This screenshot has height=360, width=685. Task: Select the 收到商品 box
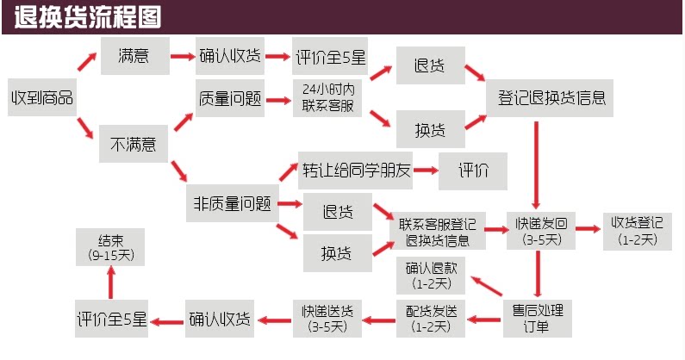coord(41,97)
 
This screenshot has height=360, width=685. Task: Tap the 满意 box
coord(134,56)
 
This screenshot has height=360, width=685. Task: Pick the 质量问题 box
coord(229,99)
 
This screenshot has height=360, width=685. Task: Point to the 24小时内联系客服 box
coord(327,99)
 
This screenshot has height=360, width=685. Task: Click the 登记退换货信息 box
coord(551,99)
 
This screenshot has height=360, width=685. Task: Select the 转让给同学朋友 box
coord(356,170)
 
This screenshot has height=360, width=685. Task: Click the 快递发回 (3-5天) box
coord(539,231)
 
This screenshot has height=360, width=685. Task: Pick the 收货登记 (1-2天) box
coord(637,230)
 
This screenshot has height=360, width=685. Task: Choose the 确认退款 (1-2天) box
coord(432,275)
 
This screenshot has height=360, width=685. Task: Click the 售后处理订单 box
coord(539,317)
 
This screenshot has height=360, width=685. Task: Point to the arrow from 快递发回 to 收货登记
coord(588,230)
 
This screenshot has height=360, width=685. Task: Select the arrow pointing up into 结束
coord(110,282)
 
